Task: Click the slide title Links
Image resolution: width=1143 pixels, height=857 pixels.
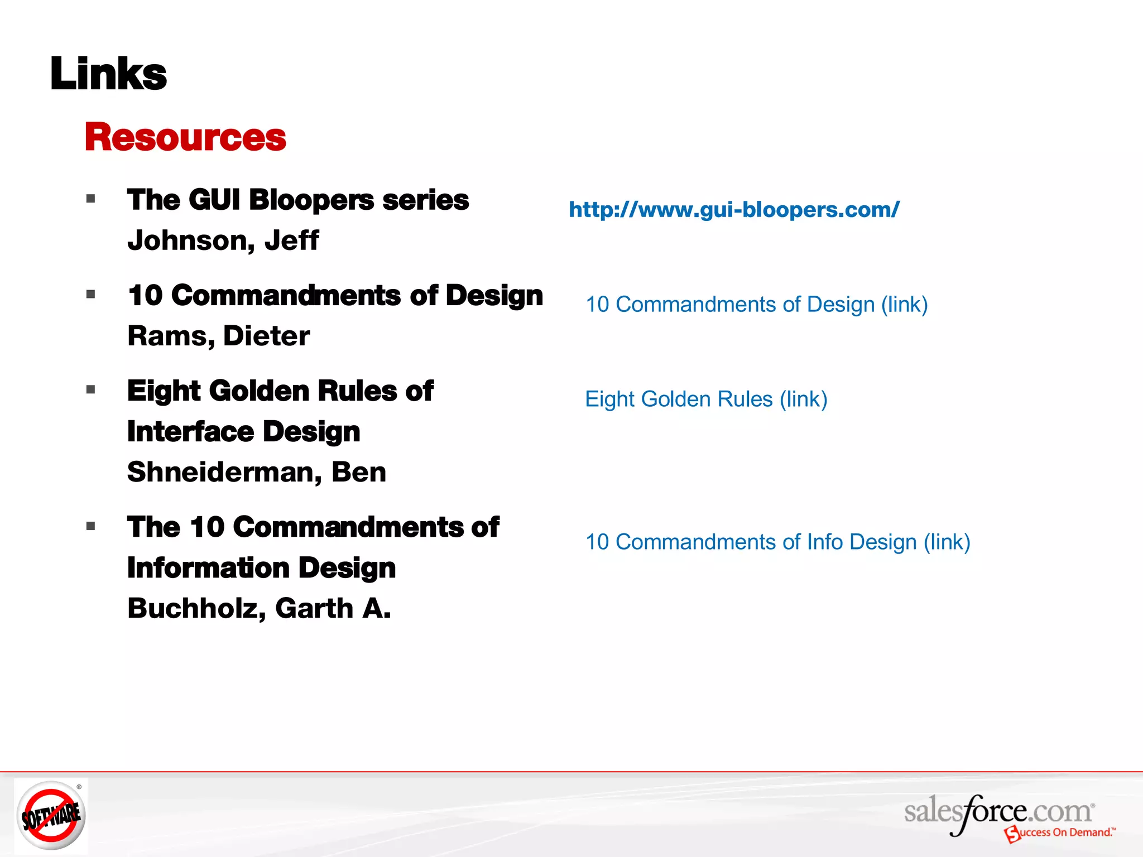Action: click(108, 74)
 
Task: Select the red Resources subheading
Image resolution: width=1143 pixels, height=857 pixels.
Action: click(185, 137)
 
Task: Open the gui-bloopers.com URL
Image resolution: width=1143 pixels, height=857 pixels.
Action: click(734, 210)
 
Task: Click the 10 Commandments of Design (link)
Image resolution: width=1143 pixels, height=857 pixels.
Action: click(756, 305)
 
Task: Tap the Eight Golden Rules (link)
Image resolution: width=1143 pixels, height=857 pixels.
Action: click(706, 399)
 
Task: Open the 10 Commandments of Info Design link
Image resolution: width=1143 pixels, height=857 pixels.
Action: click(777, 542)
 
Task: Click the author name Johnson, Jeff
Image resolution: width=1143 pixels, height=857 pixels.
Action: click(223, 241)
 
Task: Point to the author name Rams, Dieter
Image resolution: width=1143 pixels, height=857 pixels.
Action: click(218, 336)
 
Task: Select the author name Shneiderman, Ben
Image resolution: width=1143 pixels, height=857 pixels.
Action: click(256, 473)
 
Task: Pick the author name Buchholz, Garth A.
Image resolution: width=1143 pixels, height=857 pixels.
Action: click(259, 609)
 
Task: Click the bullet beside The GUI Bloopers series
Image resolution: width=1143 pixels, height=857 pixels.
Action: click(91, 199)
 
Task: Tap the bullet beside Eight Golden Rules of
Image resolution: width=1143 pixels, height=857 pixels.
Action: click(91, 390)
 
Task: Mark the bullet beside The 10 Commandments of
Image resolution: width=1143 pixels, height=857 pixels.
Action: click(91, 526)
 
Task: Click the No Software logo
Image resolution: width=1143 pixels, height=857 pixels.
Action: click(51, 815)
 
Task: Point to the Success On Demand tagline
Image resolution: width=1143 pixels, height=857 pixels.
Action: click(1063, 833)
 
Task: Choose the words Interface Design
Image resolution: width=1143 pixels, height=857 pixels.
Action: click(243, 432)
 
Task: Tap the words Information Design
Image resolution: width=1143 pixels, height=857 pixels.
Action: click(261, 568)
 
